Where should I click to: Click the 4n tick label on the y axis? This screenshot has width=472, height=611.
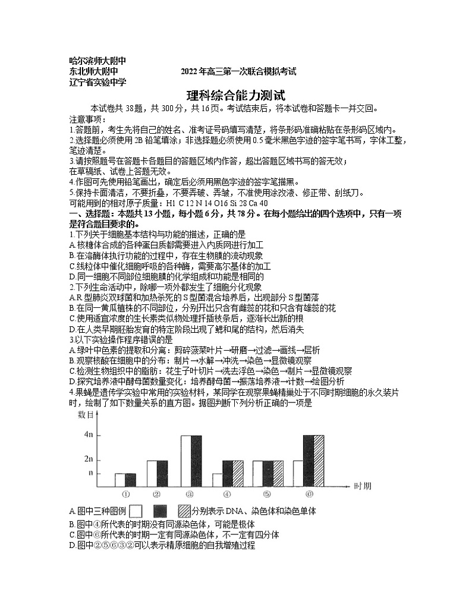click(89, 435)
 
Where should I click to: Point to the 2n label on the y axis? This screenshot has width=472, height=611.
click(89, 459)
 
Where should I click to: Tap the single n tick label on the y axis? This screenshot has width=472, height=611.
click(90, 473)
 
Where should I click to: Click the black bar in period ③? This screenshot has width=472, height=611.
click(196, 461)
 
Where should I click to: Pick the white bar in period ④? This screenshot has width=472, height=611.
click(218, 480)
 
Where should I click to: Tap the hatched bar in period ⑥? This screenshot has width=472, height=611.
click(319, 461)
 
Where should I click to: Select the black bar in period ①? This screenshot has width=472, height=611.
click(131, 480)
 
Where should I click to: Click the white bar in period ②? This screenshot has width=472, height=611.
click(153, 473)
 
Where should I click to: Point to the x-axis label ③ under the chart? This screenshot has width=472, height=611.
click(190, 494)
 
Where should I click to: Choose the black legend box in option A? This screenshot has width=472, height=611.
click(160, 511)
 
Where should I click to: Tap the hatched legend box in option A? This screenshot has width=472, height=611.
click(184, 511)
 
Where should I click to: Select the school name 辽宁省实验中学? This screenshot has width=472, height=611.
click(98, 83)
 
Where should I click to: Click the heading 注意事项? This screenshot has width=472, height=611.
click(86, 119)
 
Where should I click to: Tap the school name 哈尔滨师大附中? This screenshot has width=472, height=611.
click(98, 61)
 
